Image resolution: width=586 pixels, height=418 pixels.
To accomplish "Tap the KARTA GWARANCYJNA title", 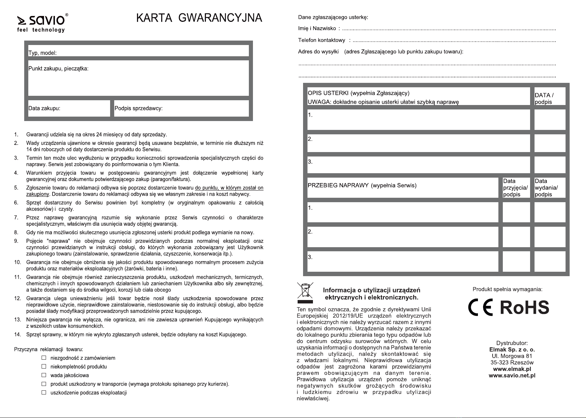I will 199,18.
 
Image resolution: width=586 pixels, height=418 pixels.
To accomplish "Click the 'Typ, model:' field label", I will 42,53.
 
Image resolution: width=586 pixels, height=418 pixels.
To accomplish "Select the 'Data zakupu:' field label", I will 44,108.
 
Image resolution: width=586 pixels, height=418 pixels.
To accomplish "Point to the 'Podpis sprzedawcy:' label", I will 138,108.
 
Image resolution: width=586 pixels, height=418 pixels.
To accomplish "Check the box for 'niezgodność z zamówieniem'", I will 44,358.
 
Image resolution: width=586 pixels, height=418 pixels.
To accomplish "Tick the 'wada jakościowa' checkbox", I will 44,375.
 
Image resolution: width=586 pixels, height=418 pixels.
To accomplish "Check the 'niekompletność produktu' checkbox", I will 44,367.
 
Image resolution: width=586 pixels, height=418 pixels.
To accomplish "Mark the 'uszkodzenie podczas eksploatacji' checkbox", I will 44,392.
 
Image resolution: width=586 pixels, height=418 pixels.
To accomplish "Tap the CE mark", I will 480,308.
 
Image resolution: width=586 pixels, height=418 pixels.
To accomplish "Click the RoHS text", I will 524,308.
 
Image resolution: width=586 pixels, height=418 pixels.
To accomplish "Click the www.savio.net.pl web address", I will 512,375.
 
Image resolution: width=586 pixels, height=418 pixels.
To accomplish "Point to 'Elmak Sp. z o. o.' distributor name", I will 512,349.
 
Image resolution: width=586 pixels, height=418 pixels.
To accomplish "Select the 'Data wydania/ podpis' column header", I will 546,188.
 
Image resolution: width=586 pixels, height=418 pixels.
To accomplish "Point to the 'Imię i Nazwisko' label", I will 317,29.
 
